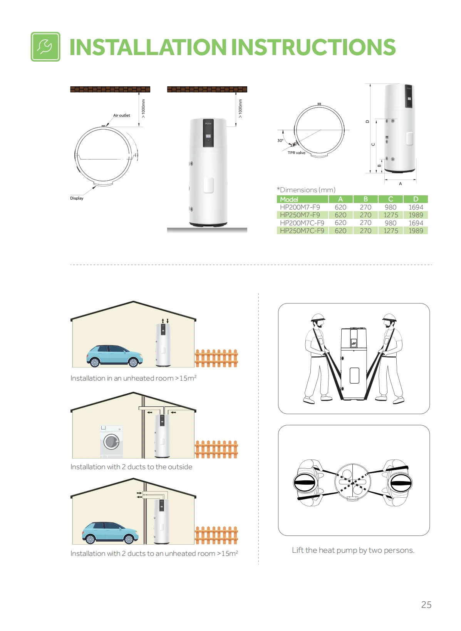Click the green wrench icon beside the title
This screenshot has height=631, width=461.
45,47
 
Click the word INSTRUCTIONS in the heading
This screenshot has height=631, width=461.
313,47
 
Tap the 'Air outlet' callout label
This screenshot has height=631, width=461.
121,115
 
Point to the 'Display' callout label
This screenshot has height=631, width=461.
77,198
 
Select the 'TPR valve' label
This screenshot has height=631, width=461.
296,153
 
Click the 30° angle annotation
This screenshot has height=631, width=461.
280,140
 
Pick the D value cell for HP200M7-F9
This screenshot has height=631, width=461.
416,207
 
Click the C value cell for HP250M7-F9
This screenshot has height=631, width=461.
391,215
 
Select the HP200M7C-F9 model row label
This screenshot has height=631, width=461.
302,223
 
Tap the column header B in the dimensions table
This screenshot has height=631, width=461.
365,199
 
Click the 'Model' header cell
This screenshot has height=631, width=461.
302,199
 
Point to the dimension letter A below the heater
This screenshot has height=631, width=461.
400,184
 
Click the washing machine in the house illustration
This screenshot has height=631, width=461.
112,441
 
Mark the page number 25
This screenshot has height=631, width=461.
426,604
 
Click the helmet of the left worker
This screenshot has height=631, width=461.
318,318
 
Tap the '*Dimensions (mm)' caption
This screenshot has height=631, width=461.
306,190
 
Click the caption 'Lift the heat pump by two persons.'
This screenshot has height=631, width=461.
353,550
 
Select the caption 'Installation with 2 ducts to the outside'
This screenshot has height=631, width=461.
131,467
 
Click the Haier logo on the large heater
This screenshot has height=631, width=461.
208,123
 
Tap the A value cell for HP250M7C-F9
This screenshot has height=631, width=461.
340,231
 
